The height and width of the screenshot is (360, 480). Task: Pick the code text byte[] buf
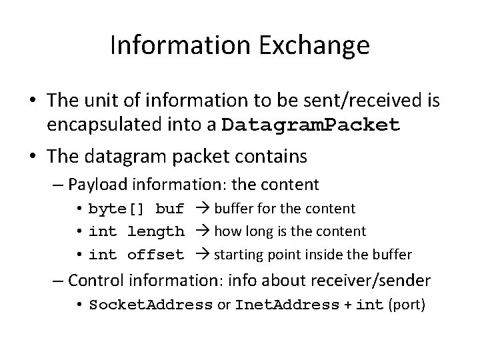[136, 209]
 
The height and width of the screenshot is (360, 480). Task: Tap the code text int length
[136, 231]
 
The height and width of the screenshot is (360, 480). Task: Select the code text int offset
[136, 254]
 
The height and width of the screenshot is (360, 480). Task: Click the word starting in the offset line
[239, 254]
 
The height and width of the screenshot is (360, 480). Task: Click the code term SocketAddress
[151, 305]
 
